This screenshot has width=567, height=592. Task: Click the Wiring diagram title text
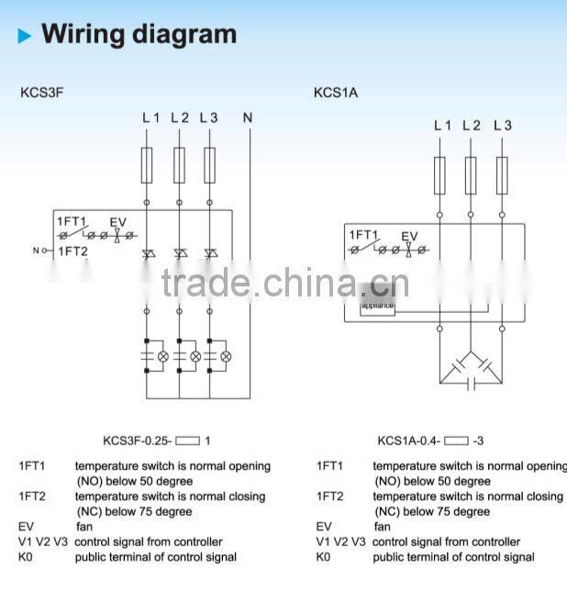(139, 35)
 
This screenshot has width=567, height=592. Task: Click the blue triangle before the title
(25, 37)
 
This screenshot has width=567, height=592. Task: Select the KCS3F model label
(41, 93)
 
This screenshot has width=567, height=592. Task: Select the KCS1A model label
(336, 93)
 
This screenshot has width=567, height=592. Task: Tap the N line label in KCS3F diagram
(248, 117)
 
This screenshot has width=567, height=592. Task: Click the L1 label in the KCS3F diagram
(150, 117)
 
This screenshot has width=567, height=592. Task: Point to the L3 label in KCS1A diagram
(502, 126)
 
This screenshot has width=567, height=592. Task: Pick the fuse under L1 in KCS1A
(440, 174)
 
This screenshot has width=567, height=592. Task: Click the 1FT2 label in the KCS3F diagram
(72, 251)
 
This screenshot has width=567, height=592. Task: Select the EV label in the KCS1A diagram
(408, 236)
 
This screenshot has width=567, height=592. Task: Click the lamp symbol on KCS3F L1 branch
(163, 355)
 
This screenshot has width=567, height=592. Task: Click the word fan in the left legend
(83, 527)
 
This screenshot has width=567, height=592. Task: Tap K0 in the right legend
(323, 557)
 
